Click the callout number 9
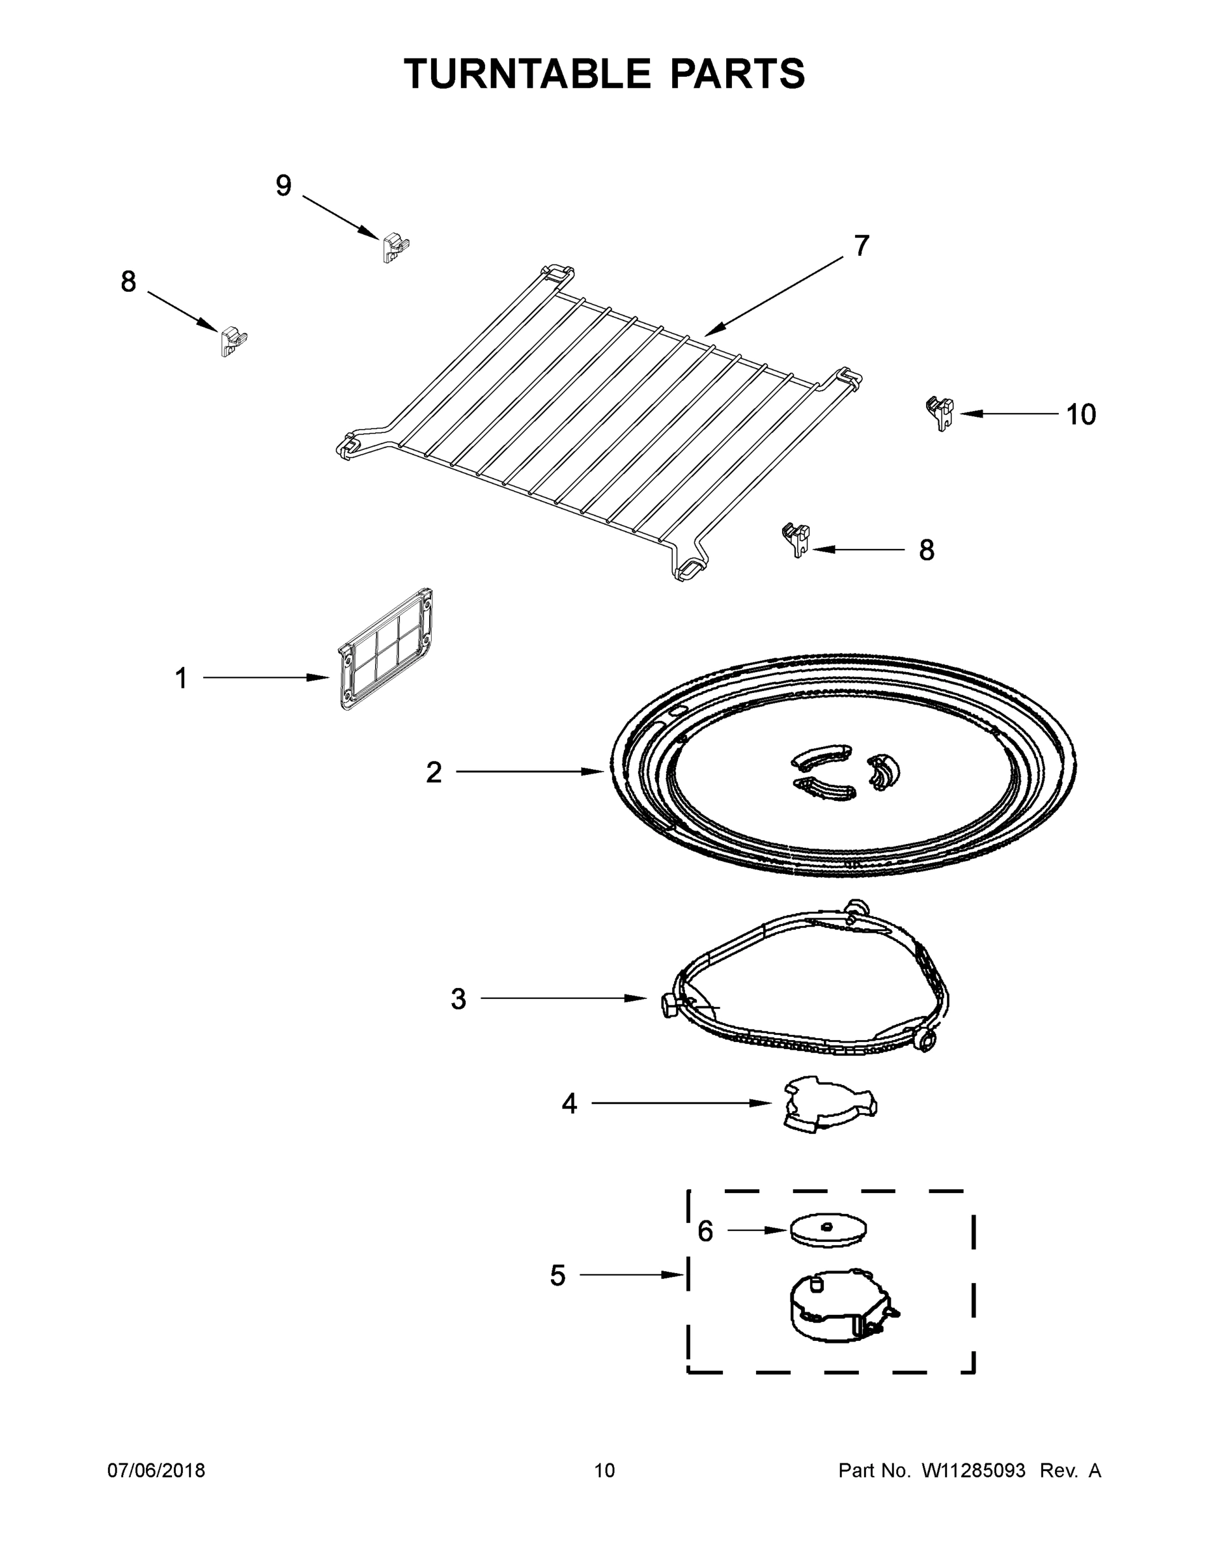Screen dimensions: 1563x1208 283,186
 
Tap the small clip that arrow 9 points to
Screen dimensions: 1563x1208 395,247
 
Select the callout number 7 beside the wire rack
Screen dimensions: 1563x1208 862,246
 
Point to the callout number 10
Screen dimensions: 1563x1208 1080,415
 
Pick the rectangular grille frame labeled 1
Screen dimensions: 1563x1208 385,649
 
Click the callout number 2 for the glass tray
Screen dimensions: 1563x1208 434,772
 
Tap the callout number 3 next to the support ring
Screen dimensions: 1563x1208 458,999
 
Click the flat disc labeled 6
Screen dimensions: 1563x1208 828,1230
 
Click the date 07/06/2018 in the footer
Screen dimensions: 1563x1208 156,1471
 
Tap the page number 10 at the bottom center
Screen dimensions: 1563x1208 604,1471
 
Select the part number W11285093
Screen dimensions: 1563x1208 974,1471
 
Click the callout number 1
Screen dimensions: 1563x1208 181,679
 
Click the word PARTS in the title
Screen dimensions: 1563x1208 737,74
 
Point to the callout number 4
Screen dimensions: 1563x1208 569,1105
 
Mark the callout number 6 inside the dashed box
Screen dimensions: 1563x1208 705,1231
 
